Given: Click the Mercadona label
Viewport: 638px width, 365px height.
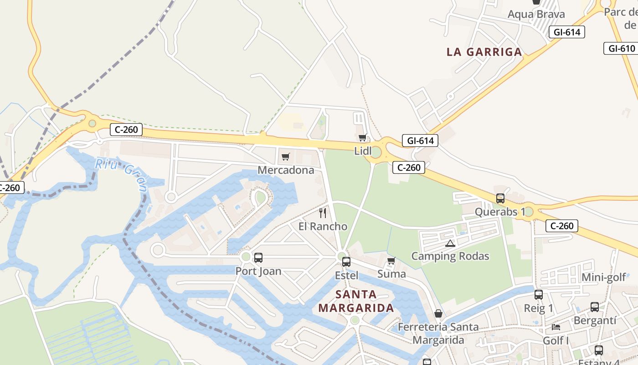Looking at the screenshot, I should [x=286, y=170].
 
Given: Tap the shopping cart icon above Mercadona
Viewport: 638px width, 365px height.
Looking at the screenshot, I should [x=286, y=157].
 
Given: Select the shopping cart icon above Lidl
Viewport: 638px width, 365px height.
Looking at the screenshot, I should [x=363, y=137].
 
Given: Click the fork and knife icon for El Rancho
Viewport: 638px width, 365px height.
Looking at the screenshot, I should [x=323, y=213].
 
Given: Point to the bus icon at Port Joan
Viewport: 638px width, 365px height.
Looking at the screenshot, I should [x=258, y=258].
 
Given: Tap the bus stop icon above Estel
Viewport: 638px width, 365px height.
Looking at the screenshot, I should [x=346, y=262].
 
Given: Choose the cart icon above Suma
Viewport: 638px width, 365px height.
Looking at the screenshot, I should [x=391, y=261].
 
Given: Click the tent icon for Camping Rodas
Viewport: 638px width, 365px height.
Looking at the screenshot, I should [x=450, y=243].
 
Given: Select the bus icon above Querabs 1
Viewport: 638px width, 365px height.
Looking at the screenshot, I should [x=500, y=198].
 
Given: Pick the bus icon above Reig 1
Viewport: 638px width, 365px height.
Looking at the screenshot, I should [x=539, y=295].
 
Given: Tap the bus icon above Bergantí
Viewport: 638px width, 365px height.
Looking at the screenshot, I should [x=595, y=307].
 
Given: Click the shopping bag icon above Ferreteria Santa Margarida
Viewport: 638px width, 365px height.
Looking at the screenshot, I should [x=438, y=313].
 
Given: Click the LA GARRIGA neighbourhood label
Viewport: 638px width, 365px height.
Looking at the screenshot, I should [x=484, y=52].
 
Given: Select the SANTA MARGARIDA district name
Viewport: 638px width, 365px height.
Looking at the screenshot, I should [x=356, y=301].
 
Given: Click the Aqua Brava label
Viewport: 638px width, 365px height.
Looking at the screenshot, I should [x=536, y=14].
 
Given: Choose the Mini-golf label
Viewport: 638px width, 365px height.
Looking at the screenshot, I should [x=604, y=277].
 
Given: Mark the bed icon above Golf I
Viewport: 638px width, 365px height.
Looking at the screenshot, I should [x=556, y=327].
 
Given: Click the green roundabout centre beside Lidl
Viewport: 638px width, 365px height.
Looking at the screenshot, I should [x=376, y=152].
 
